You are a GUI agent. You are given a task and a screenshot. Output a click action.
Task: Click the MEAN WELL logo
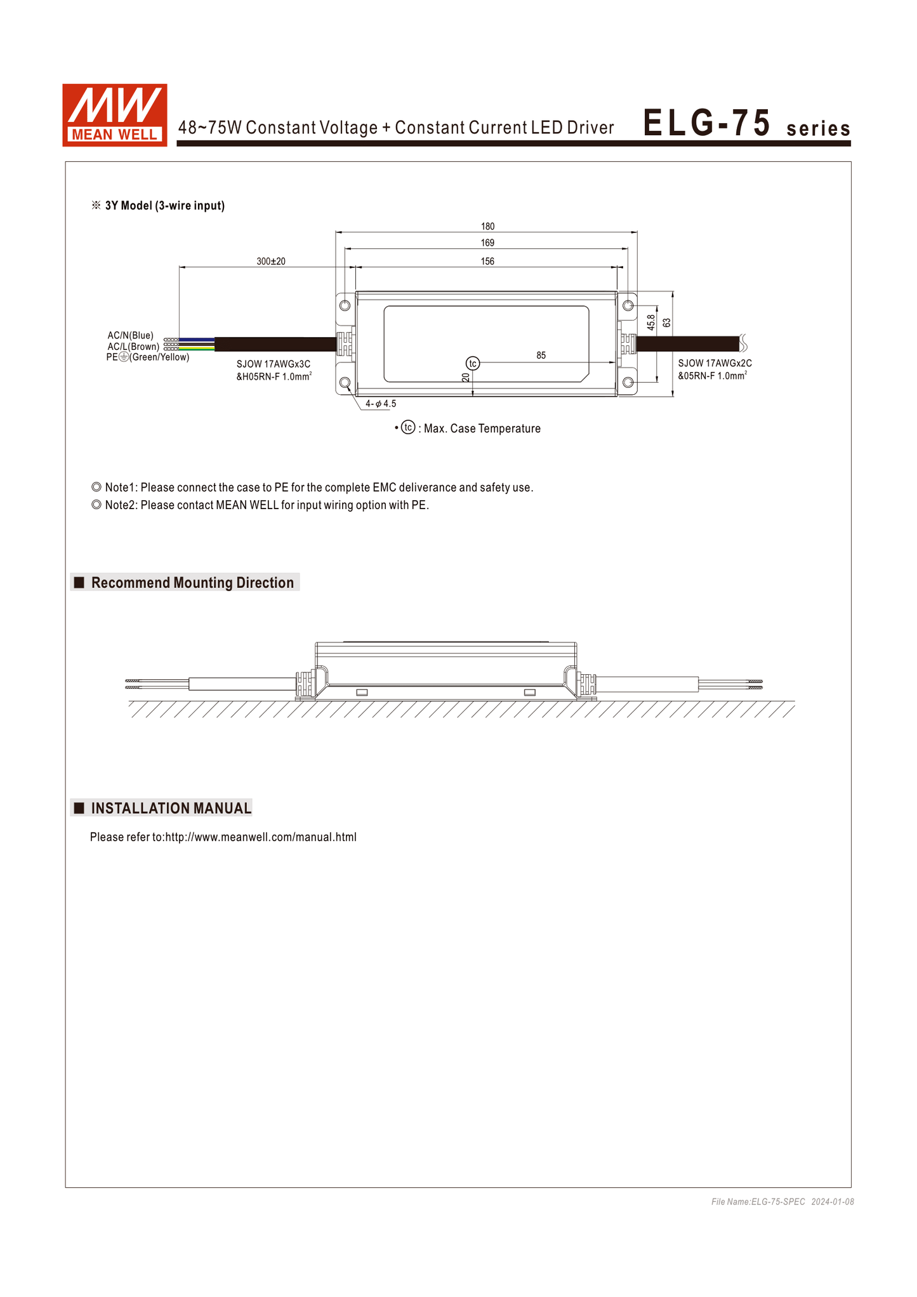(114, 115)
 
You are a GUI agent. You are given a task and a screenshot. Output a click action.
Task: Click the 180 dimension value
(487, 227)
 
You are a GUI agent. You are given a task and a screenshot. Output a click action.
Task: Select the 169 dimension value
(487, 243)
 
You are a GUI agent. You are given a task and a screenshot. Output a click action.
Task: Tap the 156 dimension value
(487, 262)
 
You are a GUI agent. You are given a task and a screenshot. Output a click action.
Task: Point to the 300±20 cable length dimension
(271, 262)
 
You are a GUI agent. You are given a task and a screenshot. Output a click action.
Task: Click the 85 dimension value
(541, 356)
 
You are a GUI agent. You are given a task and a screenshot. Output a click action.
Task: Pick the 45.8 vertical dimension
(651, 323)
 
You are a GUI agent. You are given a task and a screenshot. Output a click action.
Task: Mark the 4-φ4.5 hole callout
(381, 404)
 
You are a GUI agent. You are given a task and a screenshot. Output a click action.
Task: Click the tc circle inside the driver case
(473, 363)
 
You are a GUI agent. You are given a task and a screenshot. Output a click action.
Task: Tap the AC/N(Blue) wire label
(130, 335)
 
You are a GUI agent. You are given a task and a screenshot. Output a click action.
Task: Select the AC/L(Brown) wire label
(133, 347)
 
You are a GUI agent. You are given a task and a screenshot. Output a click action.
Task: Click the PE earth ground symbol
(124, 357)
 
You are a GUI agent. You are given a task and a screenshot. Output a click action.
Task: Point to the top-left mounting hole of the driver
(345, 305)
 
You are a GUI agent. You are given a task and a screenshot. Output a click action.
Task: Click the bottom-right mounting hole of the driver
(628, 382)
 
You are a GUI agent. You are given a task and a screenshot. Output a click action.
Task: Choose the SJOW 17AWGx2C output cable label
(715, 363)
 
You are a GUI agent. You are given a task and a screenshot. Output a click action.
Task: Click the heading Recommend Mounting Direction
(192, 583)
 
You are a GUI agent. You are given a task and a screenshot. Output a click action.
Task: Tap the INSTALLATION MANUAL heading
(171, 808)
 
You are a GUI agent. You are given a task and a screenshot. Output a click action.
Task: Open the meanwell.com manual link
(260, 837)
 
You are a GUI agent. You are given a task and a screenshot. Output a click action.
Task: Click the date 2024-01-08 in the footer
(833, 1202)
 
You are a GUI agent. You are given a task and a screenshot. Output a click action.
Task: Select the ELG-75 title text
(707, 123)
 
